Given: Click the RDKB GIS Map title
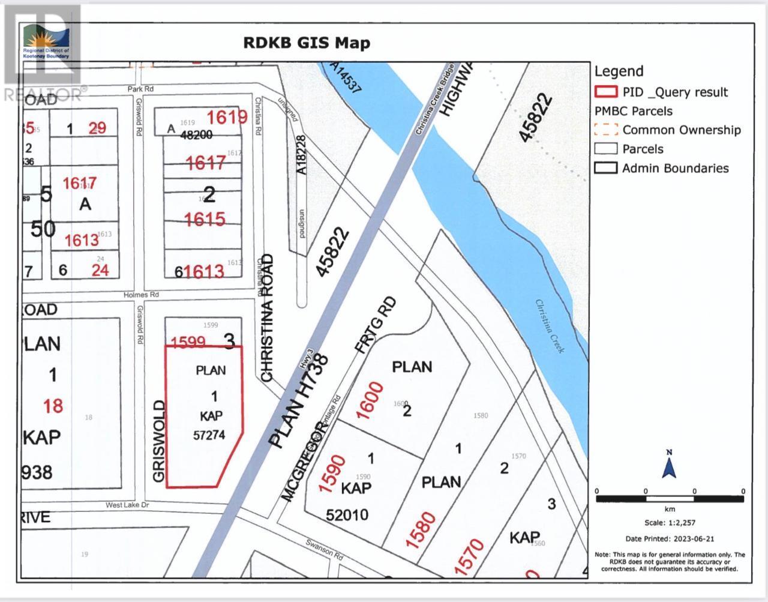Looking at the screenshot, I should click(x=306, y=43).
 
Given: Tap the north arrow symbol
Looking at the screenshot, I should click(x=669, y=465).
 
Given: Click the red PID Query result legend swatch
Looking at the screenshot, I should click(x=605, y=92).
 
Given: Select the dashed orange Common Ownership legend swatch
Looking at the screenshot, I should click(x=605, y=130).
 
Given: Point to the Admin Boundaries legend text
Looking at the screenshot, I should click(x=675, y=168).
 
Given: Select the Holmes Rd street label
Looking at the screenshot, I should click(x=142, y=295).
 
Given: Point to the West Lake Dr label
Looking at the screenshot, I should click(x=127, y=505).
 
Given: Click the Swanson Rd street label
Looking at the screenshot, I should click(x=324, y=550).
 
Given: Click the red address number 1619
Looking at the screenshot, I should click(x=227, y=116).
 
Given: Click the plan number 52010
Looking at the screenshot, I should click(x=347, y=514).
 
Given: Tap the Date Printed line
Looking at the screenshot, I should click(x=670, y=539).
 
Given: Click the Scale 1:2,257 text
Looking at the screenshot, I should click(x=669, y=523).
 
